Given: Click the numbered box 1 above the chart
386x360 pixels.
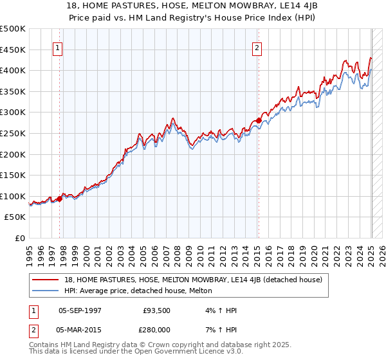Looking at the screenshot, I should [58, 47].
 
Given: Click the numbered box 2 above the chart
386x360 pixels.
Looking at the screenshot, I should [257, 47].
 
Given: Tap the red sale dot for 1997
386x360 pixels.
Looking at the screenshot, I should [59, 199].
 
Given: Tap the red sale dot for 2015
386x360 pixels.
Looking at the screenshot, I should [258, 120].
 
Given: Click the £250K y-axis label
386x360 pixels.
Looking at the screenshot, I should [13, 133].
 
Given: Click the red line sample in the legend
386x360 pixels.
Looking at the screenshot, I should [46, 280].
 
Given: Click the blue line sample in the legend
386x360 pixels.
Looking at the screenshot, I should [46, 291].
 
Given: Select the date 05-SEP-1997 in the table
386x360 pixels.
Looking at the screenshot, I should [80, 310].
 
